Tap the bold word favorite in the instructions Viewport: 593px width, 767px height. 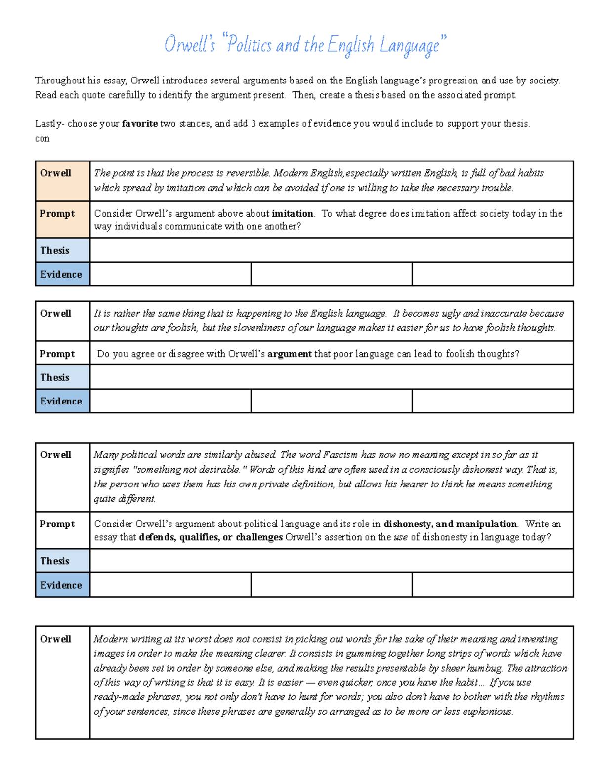coord(140,124)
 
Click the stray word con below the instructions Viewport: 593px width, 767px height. coord(42,139)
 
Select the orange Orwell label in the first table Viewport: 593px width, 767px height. coord(55,173)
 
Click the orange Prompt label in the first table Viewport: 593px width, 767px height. coord(57,214)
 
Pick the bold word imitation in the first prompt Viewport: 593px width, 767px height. coord(293,214)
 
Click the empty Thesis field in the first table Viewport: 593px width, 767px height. coord(331,250)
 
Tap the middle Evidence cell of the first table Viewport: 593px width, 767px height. coord(331,274)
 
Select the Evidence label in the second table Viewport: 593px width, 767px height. coord(61,401)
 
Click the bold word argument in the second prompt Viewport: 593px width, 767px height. coord(290,354)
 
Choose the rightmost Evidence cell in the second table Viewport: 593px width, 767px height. coord(492,401)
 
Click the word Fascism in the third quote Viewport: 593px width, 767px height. coord(340,455)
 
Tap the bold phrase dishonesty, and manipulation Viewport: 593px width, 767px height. coord(450,524)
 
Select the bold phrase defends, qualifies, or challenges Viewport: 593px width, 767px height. coord(211,537)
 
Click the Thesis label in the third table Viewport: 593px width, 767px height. coord(55,561)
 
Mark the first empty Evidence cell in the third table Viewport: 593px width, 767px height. coord(170,585)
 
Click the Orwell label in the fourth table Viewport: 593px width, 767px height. coord(55,639)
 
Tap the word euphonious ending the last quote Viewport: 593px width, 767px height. coord(487,712)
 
